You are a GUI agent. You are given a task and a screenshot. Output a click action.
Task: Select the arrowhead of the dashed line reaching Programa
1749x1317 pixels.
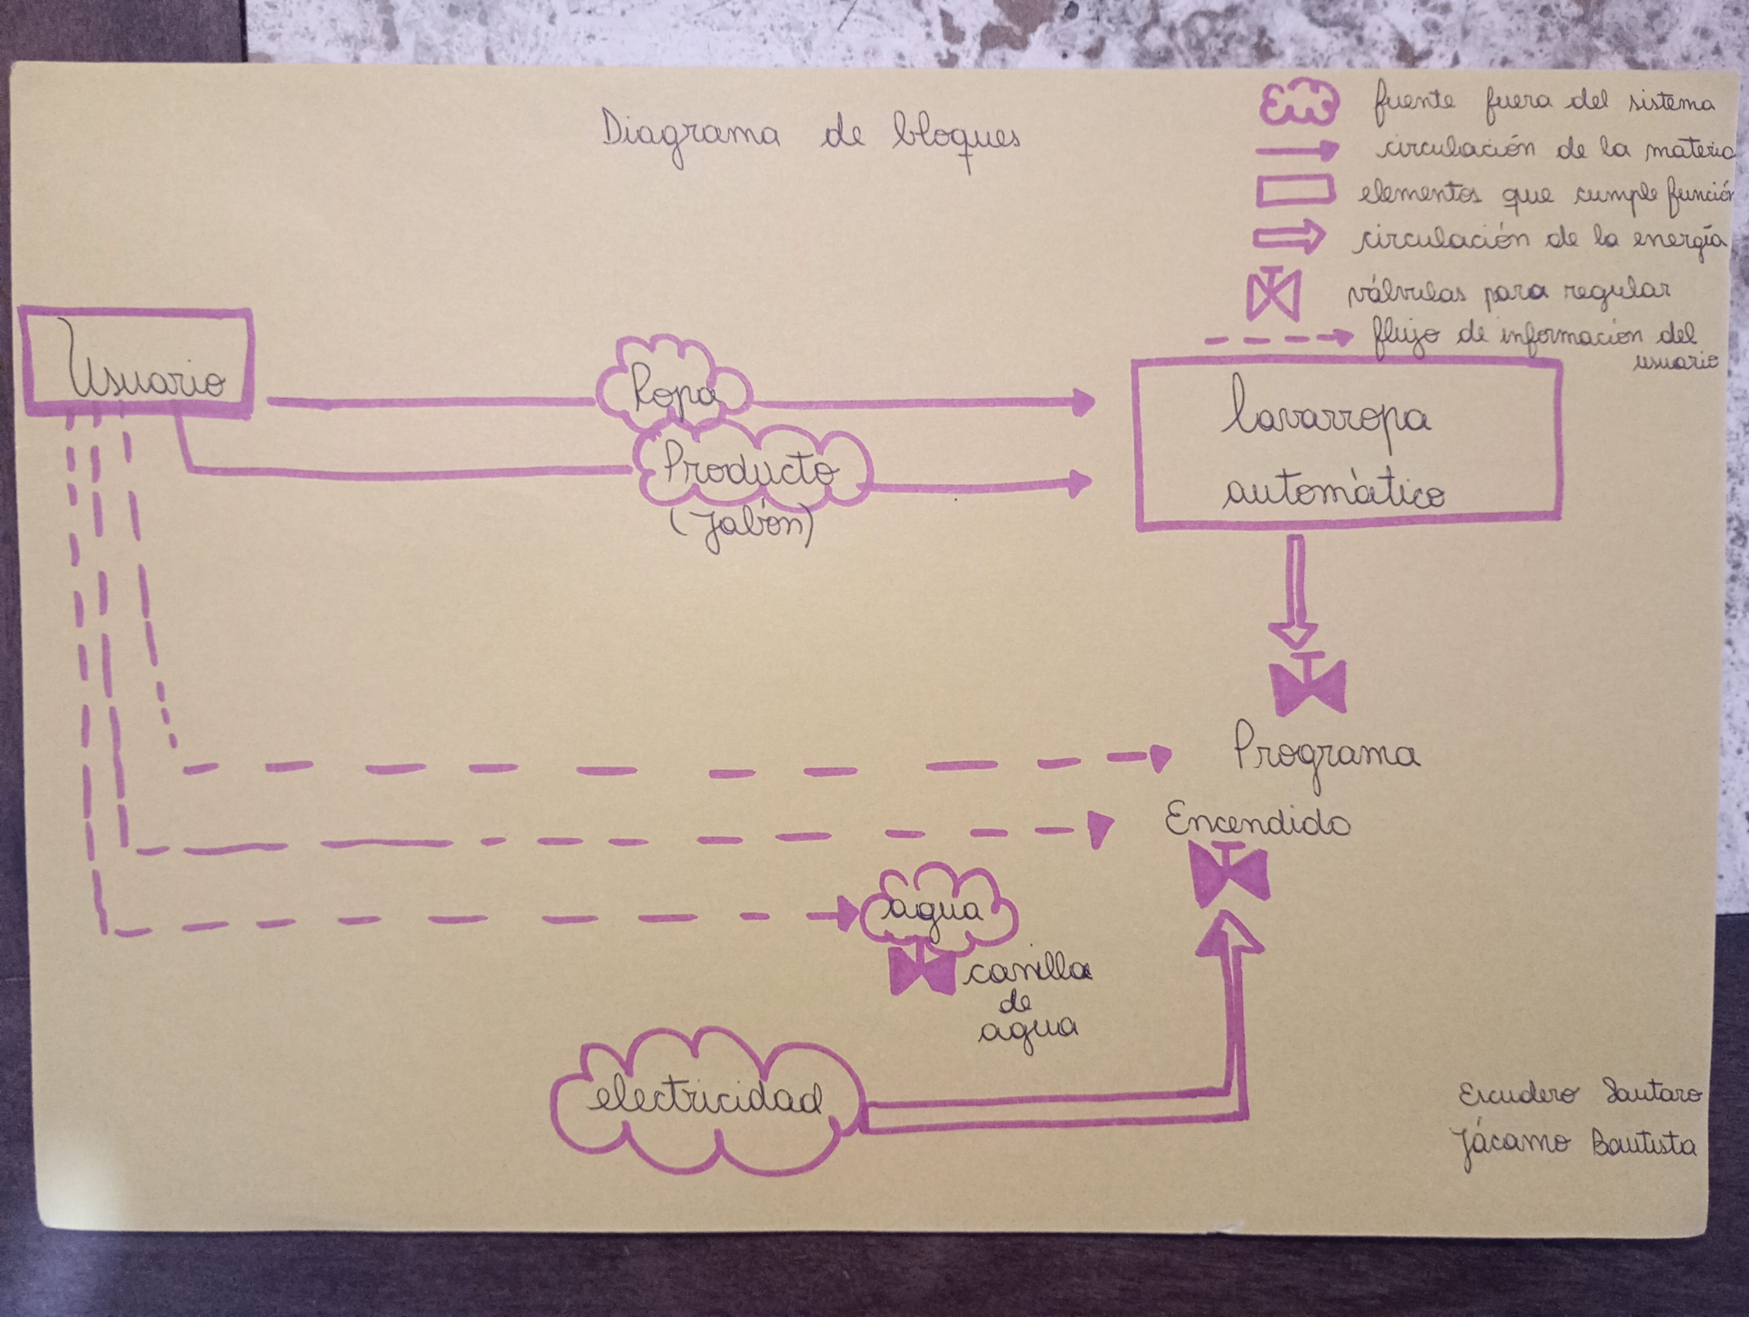click(1161, 757)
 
